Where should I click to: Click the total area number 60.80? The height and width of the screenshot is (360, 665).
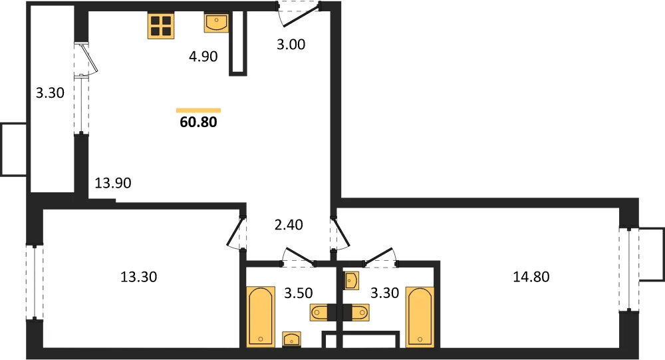tap(198, 122)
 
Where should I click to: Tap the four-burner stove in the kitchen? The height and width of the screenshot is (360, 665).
tap(161, 25)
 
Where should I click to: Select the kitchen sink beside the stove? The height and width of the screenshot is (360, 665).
tap(216, 23)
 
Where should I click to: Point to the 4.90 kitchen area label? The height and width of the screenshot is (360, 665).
tap(203, 56)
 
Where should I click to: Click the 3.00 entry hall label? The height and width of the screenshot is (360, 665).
tap(291, 44)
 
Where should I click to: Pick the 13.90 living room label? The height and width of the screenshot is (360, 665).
tap(113, 183)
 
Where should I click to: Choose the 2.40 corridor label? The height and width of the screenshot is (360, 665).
tap(289, 224)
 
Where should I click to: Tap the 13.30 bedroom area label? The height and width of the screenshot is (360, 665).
tap(139, 277)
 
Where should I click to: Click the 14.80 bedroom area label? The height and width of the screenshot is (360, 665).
tap(531, 277)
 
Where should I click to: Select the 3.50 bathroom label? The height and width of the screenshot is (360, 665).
tap(299, 293)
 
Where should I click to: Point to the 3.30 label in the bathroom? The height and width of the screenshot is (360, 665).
tap(384, 293)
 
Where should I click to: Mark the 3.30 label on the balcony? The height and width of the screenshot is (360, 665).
tap(50, 92)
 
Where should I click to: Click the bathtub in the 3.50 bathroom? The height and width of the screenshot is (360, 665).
tap(261, 317)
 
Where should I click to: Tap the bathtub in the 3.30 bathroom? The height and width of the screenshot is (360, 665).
tap(420, 317)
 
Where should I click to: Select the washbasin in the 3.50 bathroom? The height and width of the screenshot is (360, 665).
tap(291, 339)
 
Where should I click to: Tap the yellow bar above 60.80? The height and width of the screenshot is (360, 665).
tap(198, 110)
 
